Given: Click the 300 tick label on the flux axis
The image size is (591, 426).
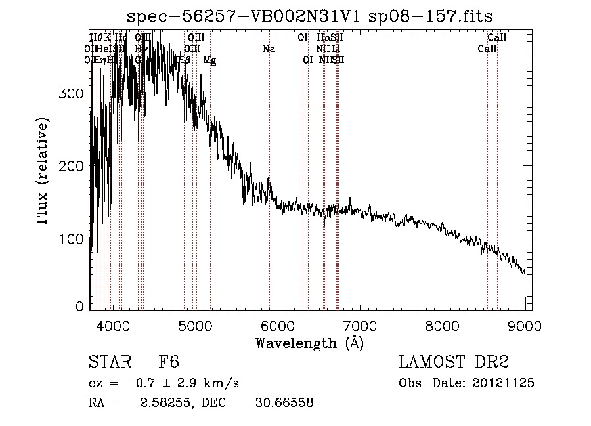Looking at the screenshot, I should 72,93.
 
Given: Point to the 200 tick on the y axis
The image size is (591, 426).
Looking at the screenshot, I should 72,166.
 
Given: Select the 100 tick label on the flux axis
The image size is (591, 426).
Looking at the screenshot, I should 72,238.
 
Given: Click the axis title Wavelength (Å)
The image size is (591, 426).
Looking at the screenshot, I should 309,342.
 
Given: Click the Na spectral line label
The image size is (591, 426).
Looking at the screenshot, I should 269,49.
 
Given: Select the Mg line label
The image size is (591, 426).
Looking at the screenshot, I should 209,60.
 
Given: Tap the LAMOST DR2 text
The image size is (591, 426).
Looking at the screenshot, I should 454,362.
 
